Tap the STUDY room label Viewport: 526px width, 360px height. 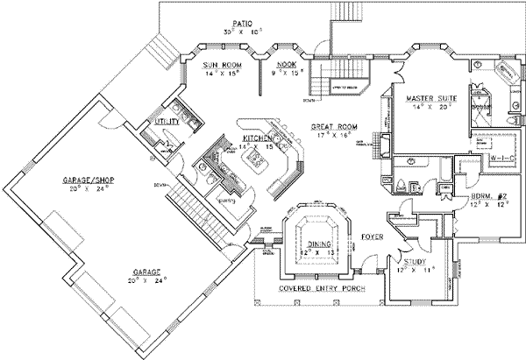point(415,259)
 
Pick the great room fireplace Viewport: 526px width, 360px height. point(379,138)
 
